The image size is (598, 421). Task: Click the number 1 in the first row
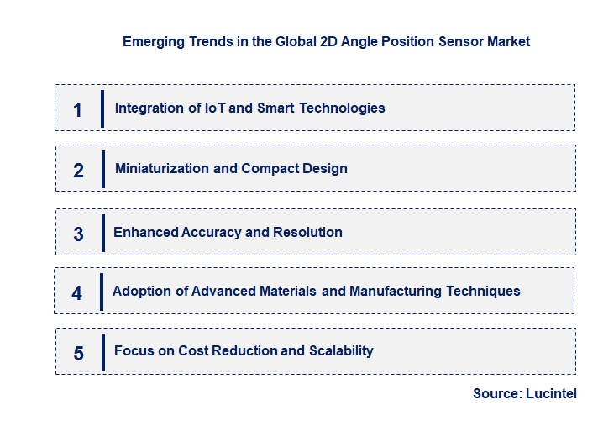click(78, 109)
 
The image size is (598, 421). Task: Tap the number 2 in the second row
click(78, 171)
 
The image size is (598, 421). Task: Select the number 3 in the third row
click(78, 234)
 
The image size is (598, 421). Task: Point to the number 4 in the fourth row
click(77, 293)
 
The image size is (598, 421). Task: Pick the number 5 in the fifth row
click(78, 353)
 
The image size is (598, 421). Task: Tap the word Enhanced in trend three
click(145, 232)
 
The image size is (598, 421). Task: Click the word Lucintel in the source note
click(552, 393)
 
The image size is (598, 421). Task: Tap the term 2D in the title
click(330, 41)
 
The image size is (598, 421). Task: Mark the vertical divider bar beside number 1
click(102, 108)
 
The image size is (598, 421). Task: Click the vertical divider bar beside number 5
click(102, 352)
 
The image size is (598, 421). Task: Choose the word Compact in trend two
click(266, 168)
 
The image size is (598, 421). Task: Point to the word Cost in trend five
click(194, 350)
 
